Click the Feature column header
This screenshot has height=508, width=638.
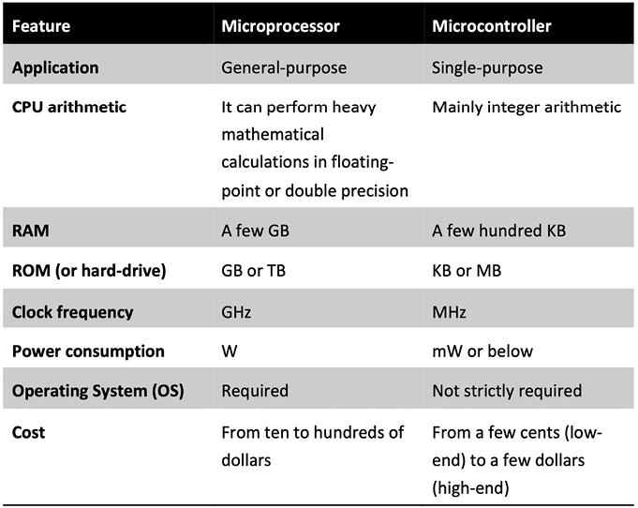point(41,26)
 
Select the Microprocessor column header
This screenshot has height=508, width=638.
point(280,26)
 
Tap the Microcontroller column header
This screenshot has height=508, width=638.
point(492,26)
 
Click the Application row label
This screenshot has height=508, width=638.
point(55,67)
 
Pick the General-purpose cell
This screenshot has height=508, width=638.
point(284,67)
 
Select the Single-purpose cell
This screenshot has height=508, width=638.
point(487,67)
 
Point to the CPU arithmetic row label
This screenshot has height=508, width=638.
point(69,107)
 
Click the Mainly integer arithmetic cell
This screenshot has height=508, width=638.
point(527,108)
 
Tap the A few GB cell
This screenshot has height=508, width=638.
point(255,231)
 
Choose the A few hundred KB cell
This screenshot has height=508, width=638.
point(498,231)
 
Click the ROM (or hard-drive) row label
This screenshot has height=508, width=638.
point(89,271)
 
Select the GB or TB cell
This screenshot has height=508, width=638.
point(254,271)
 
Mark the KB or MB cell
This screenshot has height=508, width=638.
point(467,271)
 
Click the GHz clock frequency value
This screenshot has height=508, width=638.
point(236,312)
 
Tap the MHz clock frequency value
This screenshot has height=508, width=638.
point(449,312)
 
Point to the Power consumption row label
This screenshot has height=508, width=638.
point(88,351)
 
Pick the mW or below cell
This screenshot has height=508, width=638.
point(482,351)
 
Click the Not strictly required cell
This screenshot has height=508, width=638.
point(507,391)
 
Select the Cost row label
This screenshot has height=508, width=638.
point(28,432)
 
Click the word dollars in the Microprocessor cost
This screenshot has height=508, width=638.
point(246,460)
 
